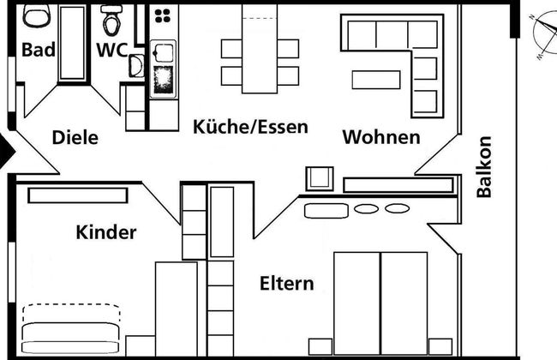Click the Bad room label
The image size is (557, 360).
click(39, 49)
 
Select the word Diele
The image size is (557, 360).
click(75, 137)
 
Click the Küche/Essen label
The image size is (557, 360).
click(250, 127)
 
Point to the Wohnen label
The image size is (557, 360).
click(381, 137)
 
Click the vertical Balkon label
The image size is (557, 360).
click(485, 167)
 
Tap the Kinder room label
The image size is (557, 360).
click(106, 232)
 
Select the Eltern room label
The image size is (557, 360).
click(287, 283)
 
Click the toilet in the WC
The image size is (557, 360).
click(111, 19)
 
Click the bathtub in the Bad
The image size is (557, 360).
click(71, 43)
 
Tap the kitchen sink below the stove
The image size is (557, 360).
click(163, 77)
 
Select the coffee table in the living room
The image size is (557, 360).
click(377, 79)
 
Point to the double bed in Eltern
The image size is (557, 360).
click(380, 304)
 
